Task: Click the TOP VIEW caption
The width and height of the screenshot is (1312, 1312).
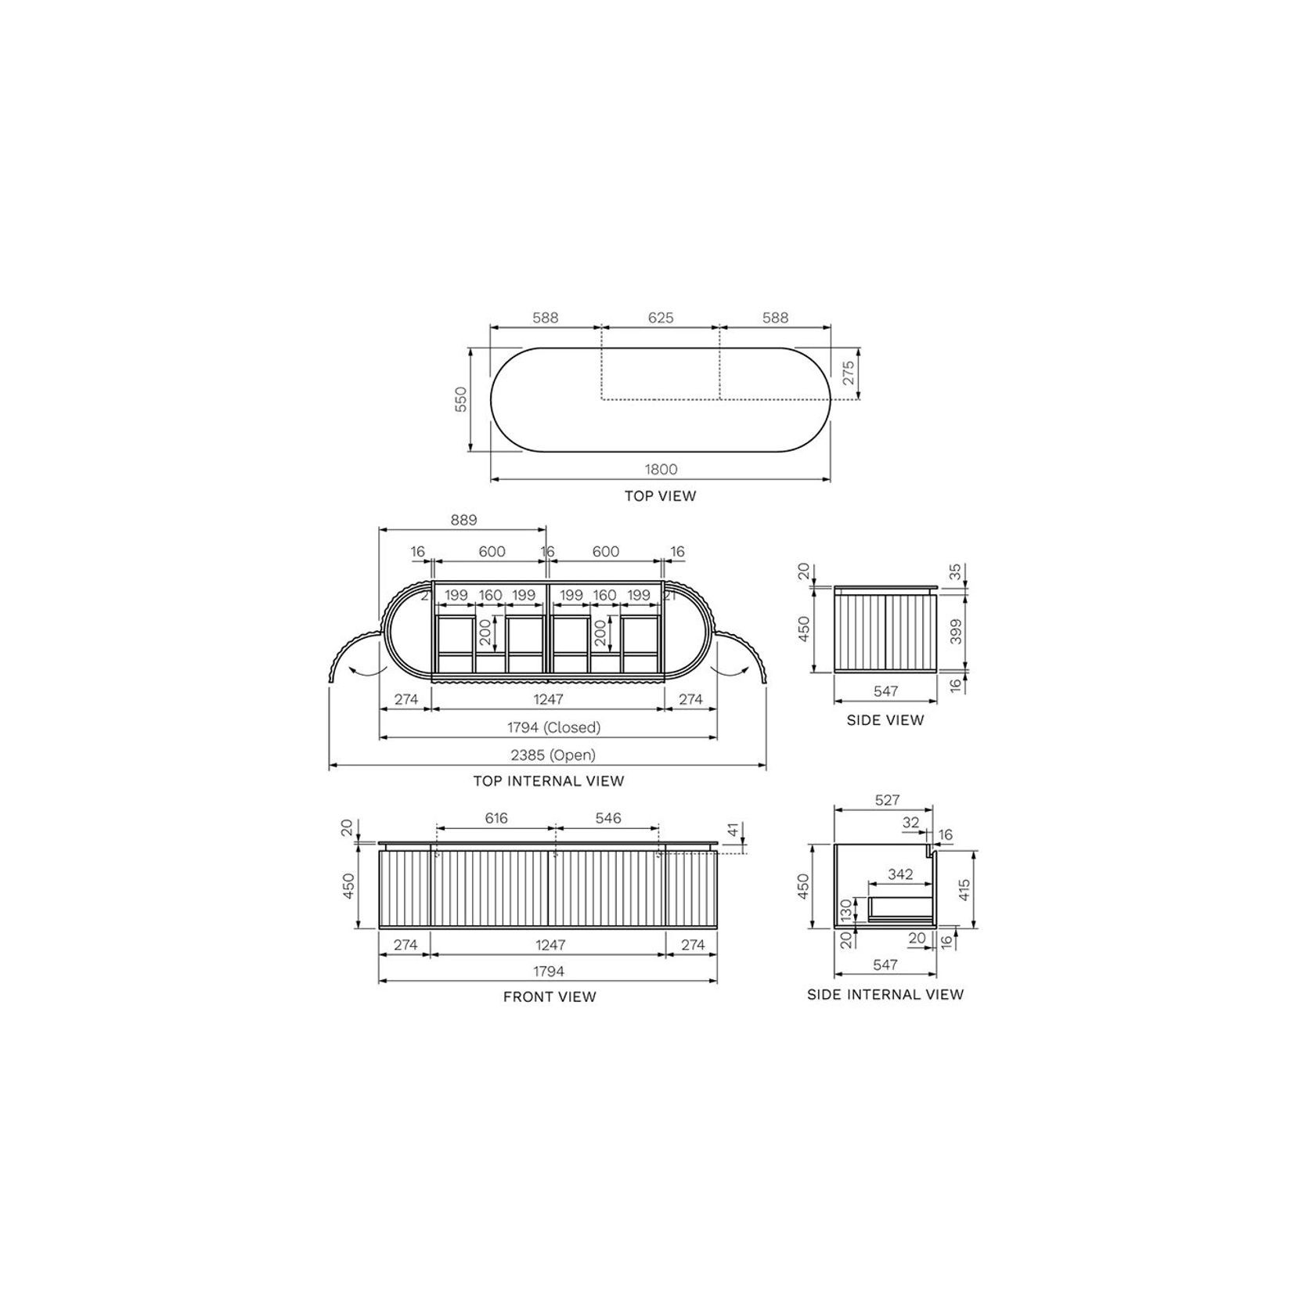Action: coord(660,496)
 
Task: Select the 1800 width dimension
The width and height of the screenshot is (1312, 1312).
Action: coord(661,470)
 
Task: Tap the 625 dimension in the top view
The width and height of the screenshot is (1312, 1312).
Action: coord(661,318)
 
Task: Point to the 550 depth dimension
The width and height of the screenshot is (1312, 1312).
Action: coord(461,399)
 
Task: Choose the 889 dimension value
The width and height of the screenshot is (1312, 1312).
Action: coord(463,520)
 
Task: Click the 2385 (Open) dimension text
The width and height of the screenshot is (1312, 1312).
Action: coord(553,755)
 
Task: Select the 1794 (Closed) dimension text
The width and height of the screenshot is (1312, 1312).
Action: coord(554,727)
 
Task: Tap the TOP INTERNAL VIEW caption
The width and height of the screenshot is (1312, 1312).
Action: coord(549,780)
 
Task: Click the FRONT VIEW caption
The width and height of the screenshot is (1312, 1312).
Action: coord(550,997)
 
